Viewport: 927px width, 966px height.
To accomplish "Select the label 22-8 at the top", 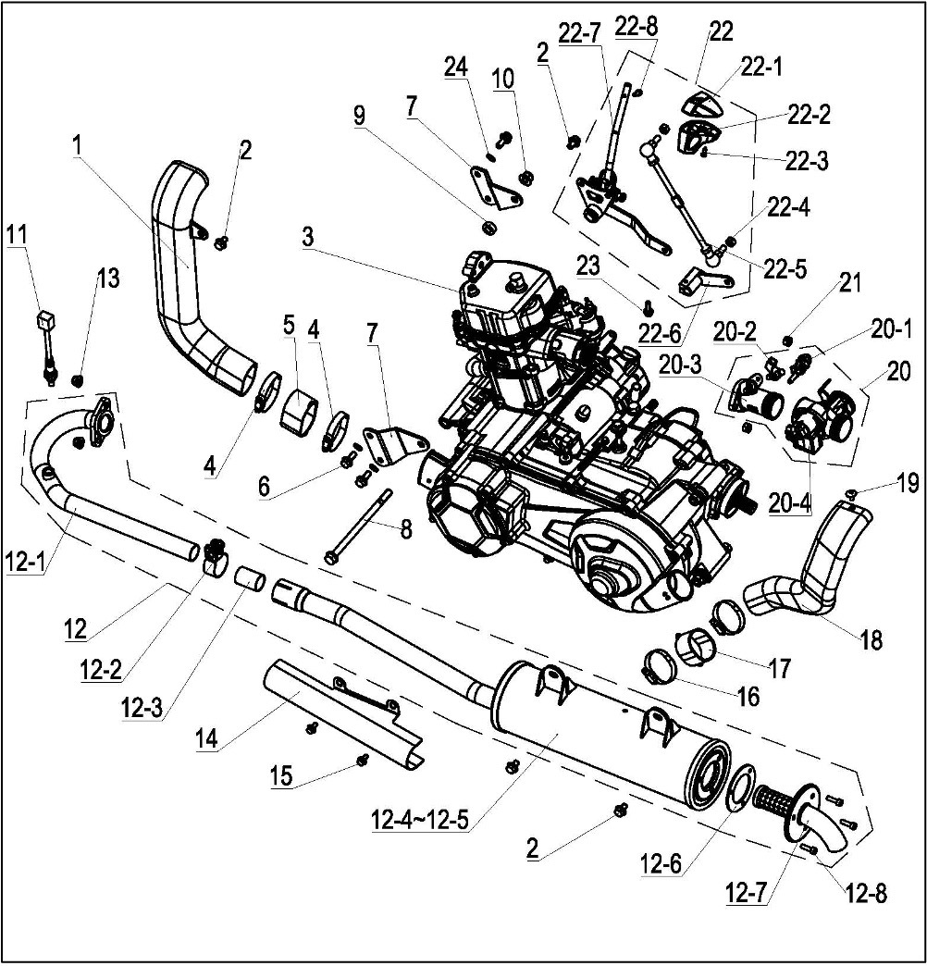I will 636,27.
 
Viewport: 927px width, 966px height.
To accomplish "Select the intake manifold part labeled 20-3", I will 754,406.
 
